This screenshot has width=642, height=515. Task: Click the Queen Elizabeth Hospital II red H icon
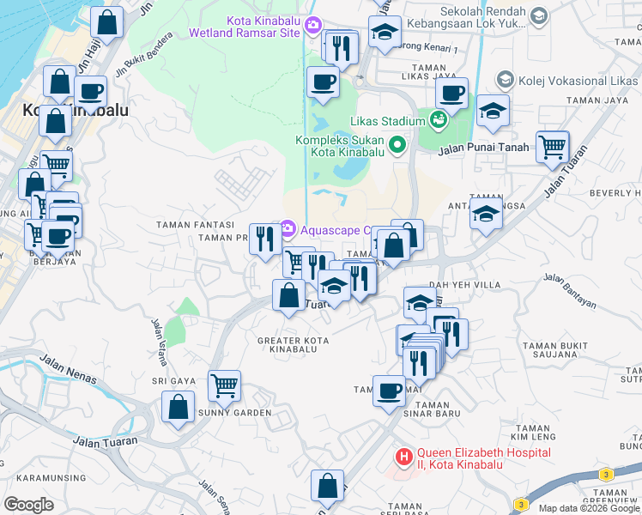pos(402,454)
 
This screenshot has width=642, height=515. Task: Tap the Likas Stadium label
pos(386,121)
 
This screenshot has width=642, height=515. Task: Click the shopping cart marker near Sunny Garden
pos(224,386)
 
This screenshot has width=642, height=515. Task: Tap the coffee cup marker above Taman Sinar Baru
pos(389,392)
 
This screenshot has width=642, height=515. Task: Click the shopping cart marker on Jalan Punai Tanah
pos(552,147)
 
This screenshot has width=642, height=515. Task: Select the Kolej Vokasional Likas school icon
pos(505,80)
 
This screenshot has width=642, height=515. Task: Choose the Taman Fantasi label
pos(189,225)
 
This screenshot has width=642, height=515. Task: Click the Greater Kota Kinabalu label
pos(293,345)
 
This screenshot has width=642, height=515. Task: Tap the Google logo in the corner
pos(28,505)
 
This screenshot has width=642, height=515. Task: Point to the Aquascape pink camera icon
pos(288,229)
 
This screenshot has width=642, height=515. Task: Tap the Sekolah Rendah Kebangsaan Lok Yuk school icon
pos(538,15)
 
